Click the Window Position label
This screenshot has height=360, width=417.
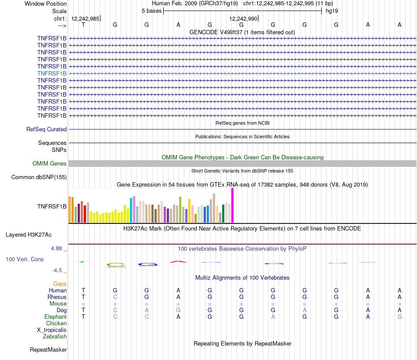tap(46, 4)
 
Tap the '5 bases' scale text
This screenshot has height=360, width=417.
tap(151, 11)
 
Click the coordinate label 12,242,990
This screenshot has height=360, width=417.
tap(243, 18)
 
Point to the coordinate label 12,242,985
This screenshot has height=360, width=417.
tap(85, 18)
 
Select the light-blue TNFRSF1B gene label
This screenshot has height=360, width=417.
tap(52, 73)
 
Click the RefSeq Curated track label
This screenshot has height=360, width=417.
tap(47, 130)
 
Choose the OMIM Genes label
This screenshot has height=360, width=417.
tap(50, 164)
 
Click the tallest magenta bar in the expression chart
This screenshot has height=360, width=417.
tap(232, 205)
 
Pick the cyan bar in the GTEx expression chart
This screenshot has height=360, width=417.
tap(131, 210)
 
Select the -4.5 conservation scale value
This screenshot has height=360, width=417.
tap(57, 270)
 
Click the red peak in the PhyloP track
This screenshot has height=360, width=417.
tap(178, 262)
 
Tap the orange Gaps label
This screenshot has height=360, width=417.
tap(60, 284)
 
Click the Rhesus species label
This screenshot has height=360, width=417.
tap(57, 297)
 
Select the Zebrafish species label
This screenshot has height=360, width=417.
tap(55, 337)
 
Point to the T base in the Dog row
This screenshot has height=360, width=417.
tap(83, 310)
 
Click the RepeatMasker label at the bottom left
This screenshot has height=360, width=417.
tap(48, 350)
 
